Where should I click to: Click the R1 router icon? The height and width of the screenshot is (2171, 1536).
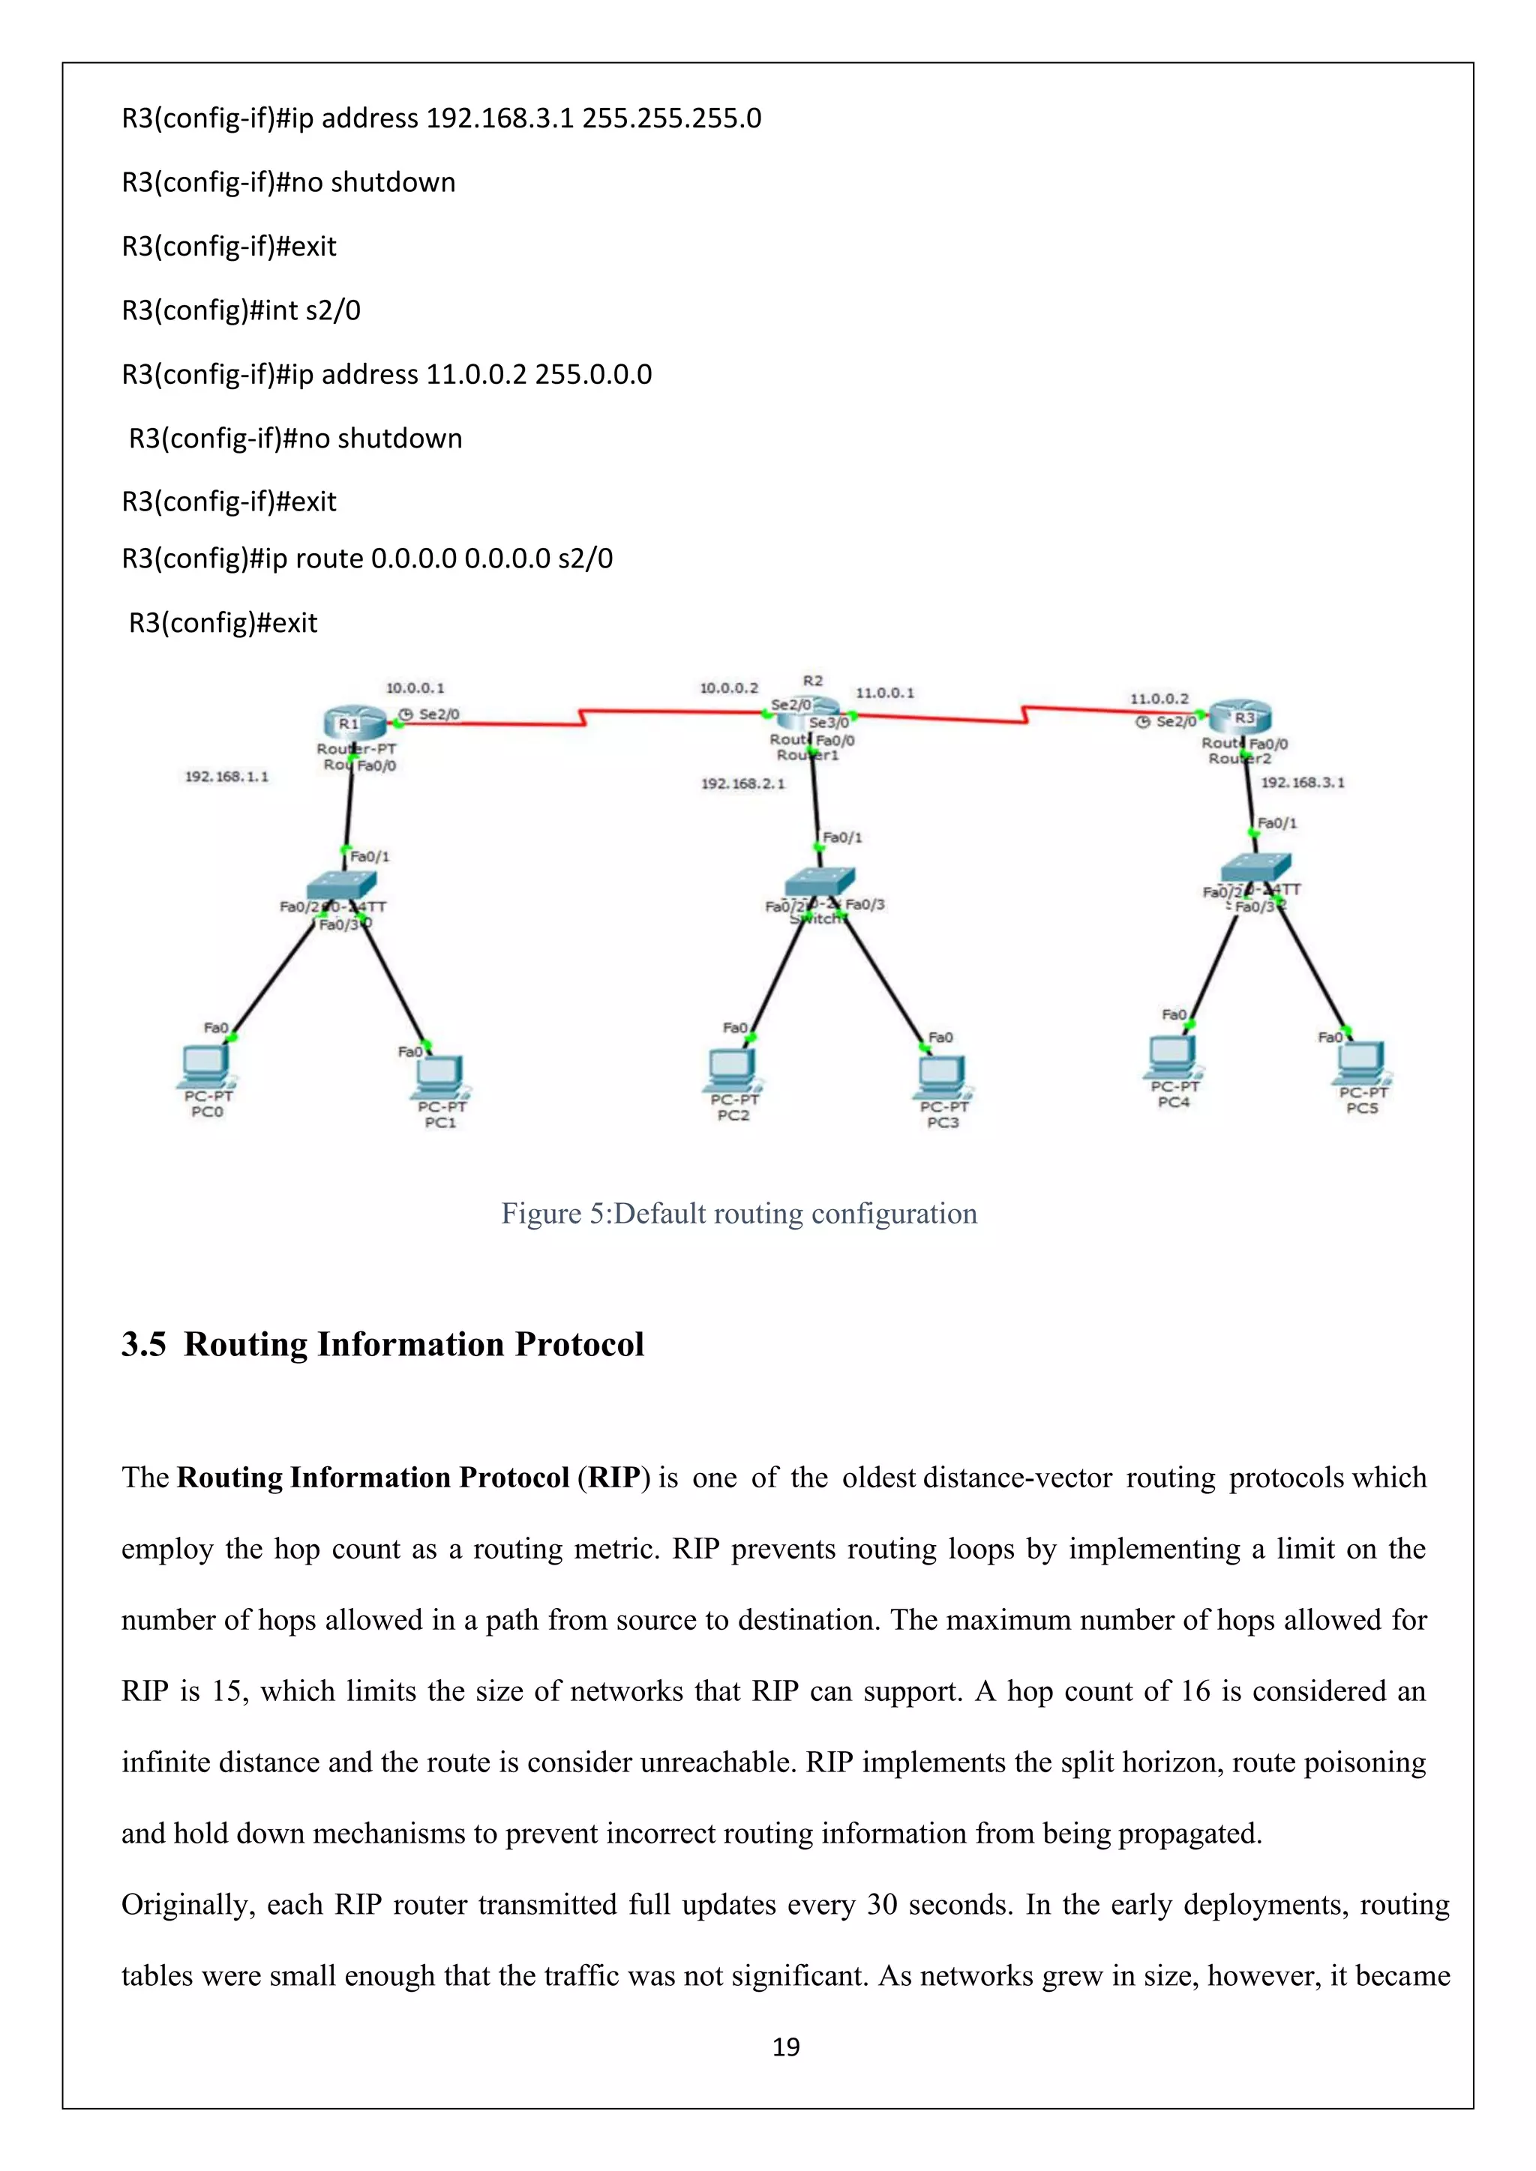click(352, 723)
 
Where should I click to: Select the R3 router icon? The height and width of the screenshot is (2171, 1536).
click(1240, 717)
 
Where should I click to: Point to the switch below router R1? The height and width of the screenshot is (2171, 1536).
click(341, 886)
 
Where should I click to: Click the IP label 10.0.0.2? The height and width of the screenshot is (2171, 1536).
click(728, 688)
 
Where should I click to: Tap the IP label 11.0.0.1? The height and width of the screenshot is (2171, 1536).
click(884, 693)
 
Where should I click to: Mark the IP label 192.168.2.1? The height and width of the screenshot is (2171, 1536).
click(742, 784)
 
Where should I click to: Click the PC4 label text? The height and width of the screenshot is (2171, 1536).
click(1174, 1103)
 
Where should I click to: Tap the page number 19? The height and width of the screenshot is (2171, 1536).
click(786, 2047)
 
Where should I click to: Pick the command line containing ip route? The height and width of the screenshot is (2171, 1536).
click(367, 558)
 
